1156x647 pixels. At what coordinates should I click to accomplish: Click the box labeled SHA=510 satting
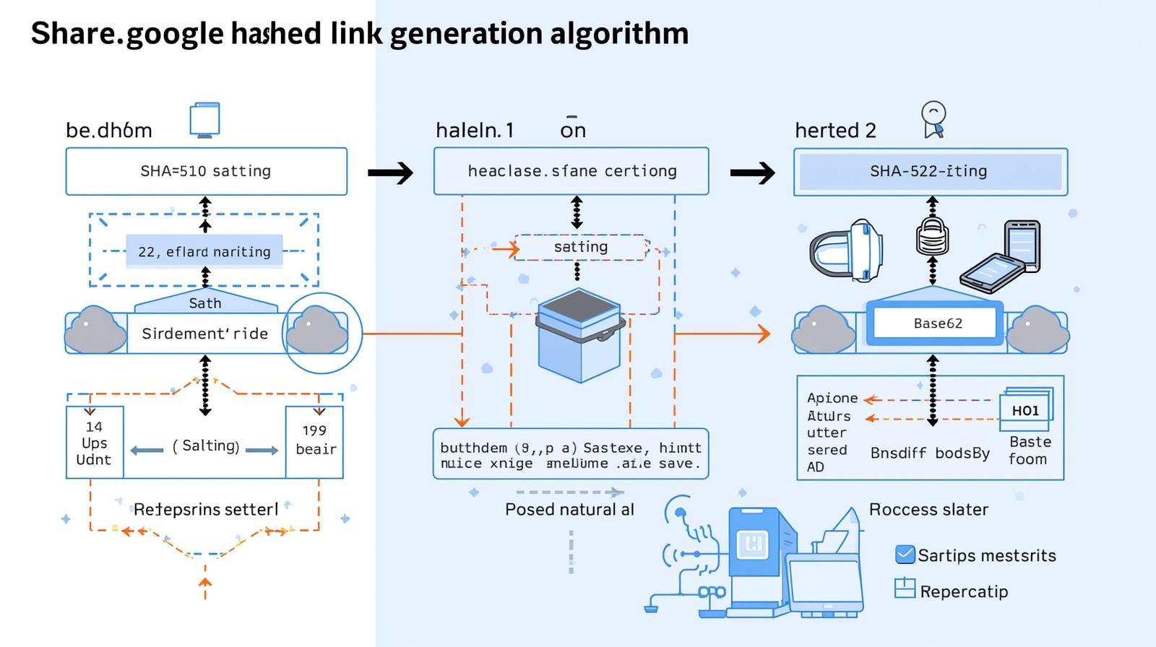click(x=206, y=171)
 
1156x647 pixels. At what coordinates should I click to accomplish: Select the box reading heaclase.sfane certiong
click(x=571, y=171)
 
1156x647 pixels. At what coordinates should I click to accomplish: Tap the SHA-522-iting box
click(x=930, y=172)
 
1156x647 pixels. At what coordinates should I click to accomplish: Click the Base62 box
click(x=937, y=323)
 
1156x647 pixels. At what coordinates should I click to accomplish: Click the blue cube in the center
click(x=579, y=335)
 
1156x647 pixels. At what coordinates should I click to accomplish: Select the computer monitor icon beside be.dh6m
click(x=204, y=120)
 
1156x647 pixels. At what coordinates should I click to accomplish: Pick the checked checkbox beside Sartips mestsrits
click(x=905, y=555)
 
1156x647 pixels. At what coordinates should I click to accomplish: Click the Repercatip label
click(x=963, y=591)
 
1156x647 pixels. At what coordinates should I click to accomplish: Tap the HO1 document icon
click(x=1026, y=409)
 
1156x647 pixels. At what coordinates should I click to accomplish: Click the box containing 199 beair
click(x=315, y=441)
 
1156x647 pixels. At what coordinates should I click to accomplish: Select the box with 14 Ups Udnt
click(x=95, y=443)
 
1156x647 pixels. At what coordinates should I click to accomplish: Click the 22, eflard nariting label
click(x=204, y=252)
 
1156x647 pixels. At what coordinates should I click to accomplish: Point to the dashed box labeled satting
click(x=581, y=247)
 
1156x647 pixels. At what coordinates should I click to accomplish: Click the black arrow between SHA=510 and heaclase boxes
click(x=390, y=173)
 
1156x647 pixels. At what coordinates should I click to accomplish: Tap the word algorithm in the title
click(x=619, y=33)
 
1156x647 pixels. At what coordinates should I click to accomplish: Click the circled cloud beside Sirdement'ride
click(x=319, y=332)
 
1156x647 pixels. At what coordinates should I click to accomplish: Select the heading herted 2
click(x=835, y=131)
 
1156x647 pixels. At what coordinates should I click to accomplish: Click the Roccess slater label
click(x=928, y=510)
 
